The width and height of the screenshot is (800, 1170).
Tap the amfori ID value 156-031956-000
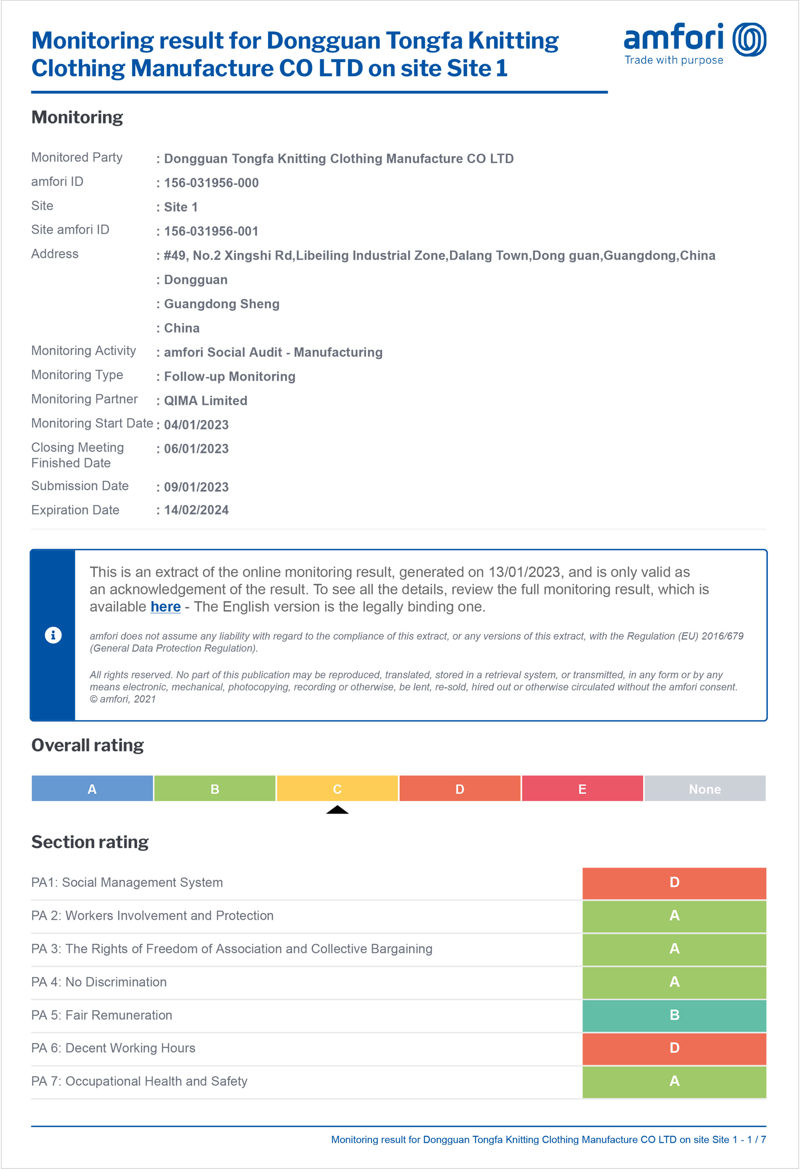click(211, 183)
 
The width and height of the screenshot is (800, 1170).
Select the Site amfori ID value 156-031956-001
click(211, 231)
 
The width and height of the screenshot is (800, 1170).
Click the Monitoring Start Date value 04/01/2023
click(196, 425)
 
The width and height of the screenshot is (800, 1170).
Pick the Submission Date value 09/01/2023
click(196, 487)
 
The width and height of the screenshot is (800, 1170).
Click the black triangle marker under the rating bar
click(338, 810)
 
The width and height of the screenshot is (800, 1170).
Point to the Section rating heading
click(90, 842)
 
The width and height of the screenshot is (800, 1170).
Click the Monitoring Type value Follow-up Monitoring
click(230, 377)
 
